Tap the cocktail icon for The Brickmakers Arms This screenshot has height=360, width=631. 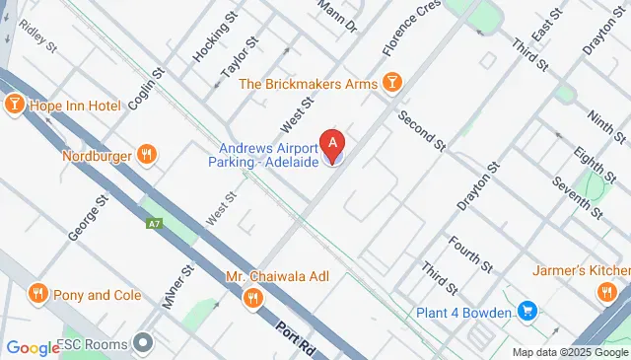(x=392, y=83)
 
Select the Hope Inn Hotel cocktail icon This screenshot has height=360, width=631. (x=15, y=105)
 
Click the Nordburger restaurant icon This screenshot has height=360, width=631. (x=146, y=154)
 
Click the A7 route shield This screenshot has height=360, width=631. (x=154, y=224)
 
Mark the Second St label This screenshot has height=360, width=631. (x=423, y=131)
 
